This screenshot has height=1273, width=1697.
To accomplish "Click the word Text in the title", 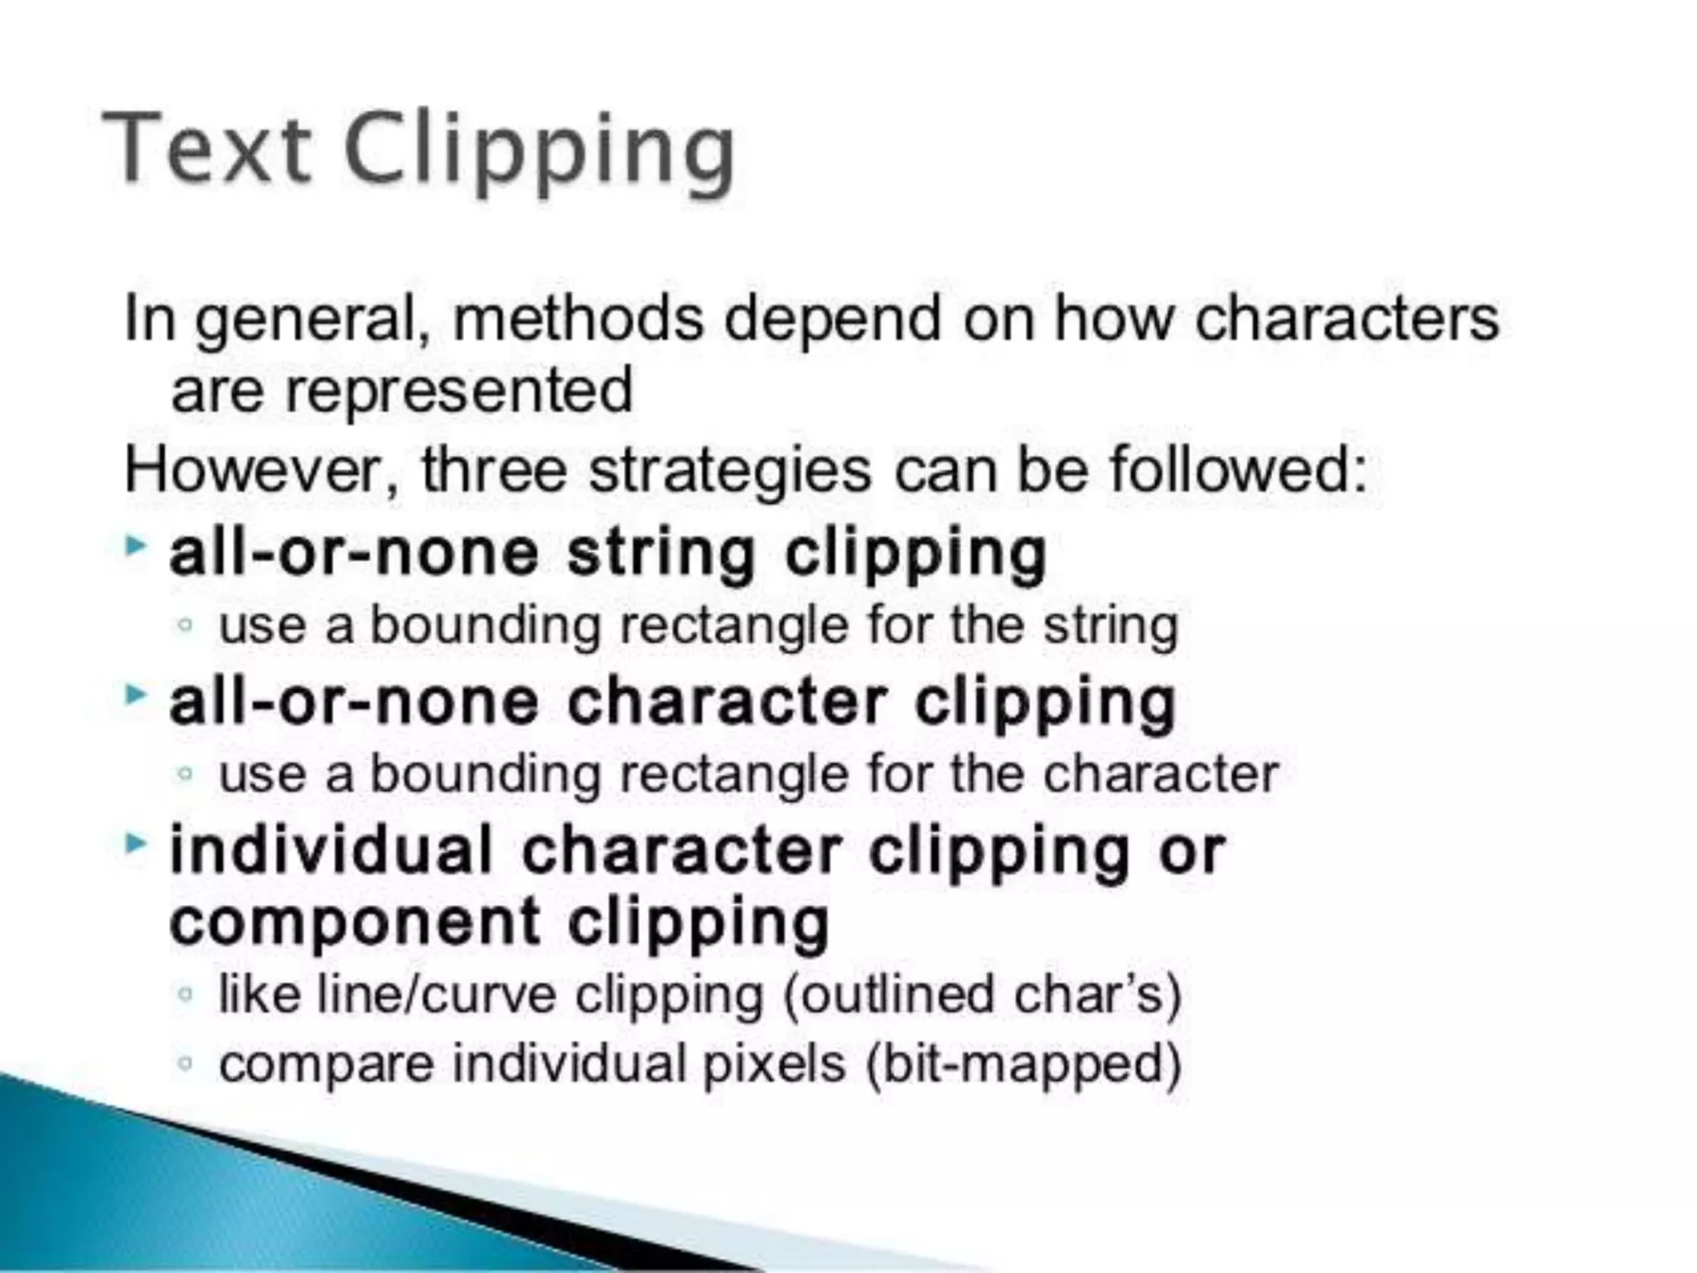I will (207, 149).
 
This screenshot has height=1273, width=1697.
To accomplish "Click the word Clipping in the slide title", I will (539, 153).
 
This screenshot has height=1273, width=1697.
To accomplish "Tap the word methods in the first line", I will (578, 319).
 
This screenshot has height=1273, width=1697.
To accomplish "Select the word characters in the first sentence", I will (1346, 319).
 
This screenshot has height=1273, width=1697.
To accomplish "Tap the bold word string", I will (660, 554).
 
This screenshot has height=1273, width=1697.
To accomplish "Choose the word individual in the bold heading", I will (331, 850).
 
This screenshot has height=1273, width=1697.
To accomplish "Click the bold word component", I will (355, 922).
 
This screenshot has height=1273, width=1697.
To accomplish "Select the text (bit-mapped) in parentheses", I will (1023, 1064).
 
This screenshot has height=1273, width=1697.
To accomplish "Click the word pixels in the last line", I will (774, 1064).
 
